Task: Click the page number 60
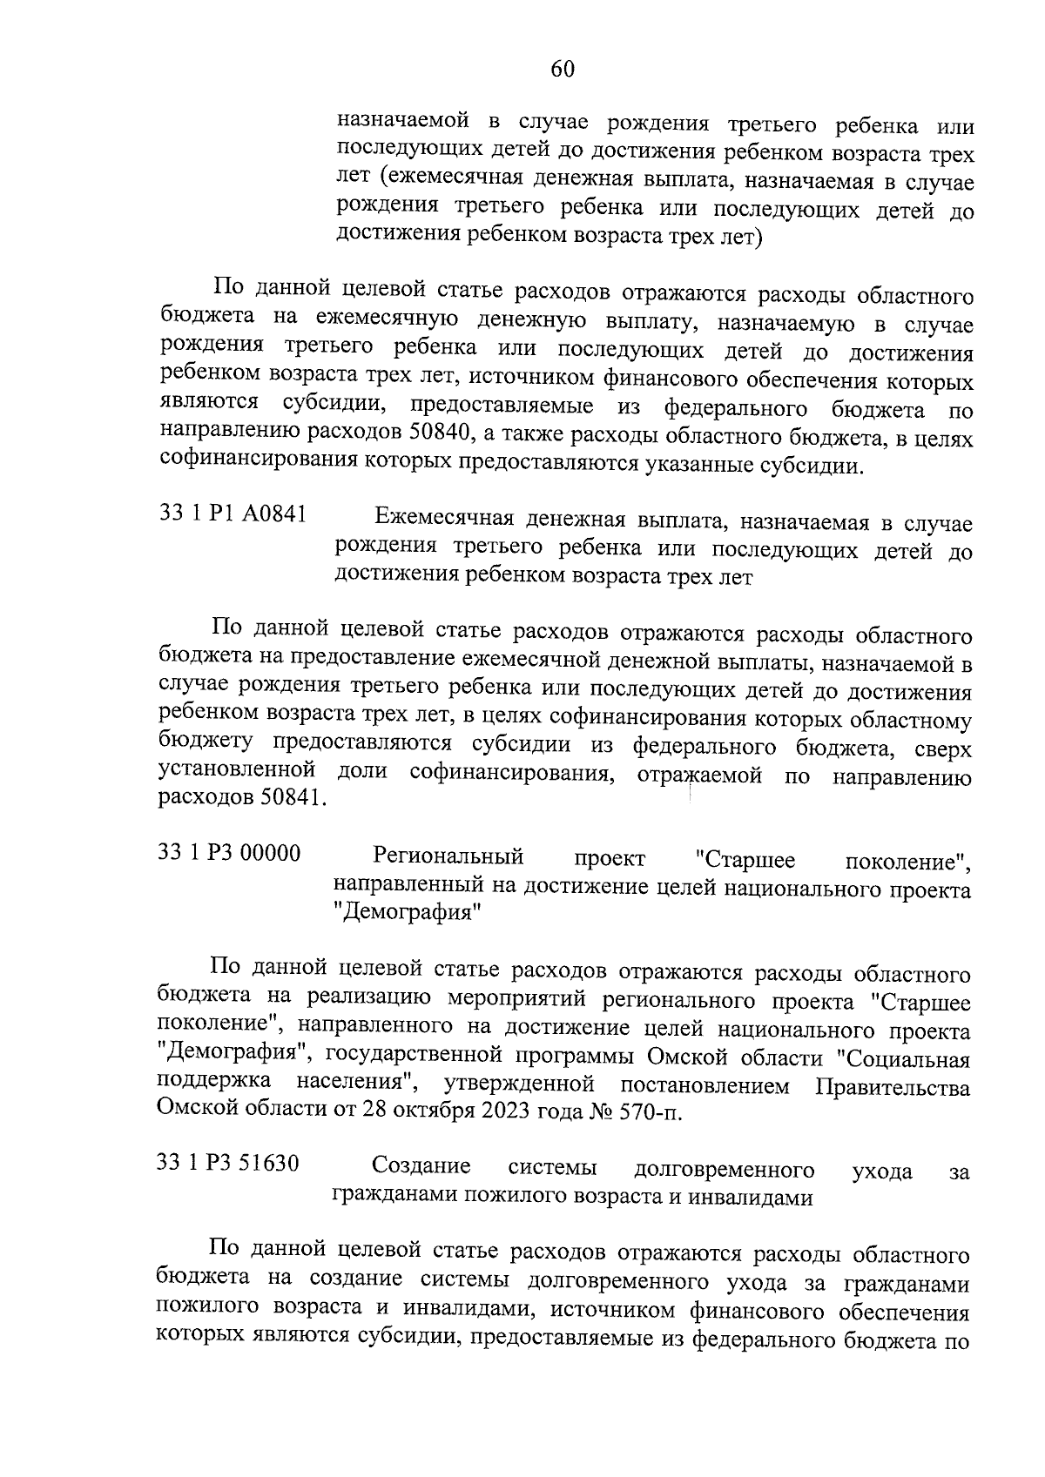[563, 69]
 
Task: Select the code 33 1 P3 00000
[229, 853]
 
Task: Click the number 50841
[290, 798]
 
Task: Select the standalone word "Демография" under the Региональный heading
[408, 914]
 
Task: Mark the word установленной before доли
[236, 770]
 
